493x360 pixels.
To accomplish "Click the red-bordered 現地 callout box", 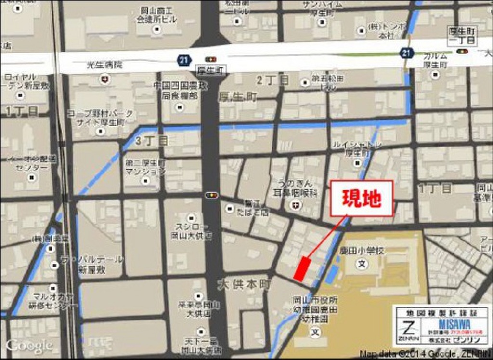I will pos(361,198).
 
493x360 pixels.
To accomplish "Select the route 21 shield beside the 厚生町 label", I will pos(182,60).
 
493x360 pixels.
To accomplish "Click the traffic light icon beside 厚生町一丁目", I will pos(463,51).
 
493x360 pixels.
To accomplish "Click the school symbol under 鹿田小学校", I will pos(362,264).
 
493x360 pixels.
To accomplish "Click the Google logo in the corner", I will pos(29,345).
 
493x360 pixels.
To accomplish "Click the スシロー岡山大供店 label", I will pos(191,231).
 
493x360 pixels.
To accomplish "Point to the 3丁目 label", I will pos(152,141).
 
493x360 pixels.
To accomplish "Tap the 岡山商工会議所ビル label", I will pos(156,15).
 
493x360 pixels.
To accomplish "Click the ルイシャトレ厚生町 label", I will pos(357,148).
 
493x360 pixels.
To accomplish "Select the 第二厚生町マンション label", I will pos(145,167).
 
